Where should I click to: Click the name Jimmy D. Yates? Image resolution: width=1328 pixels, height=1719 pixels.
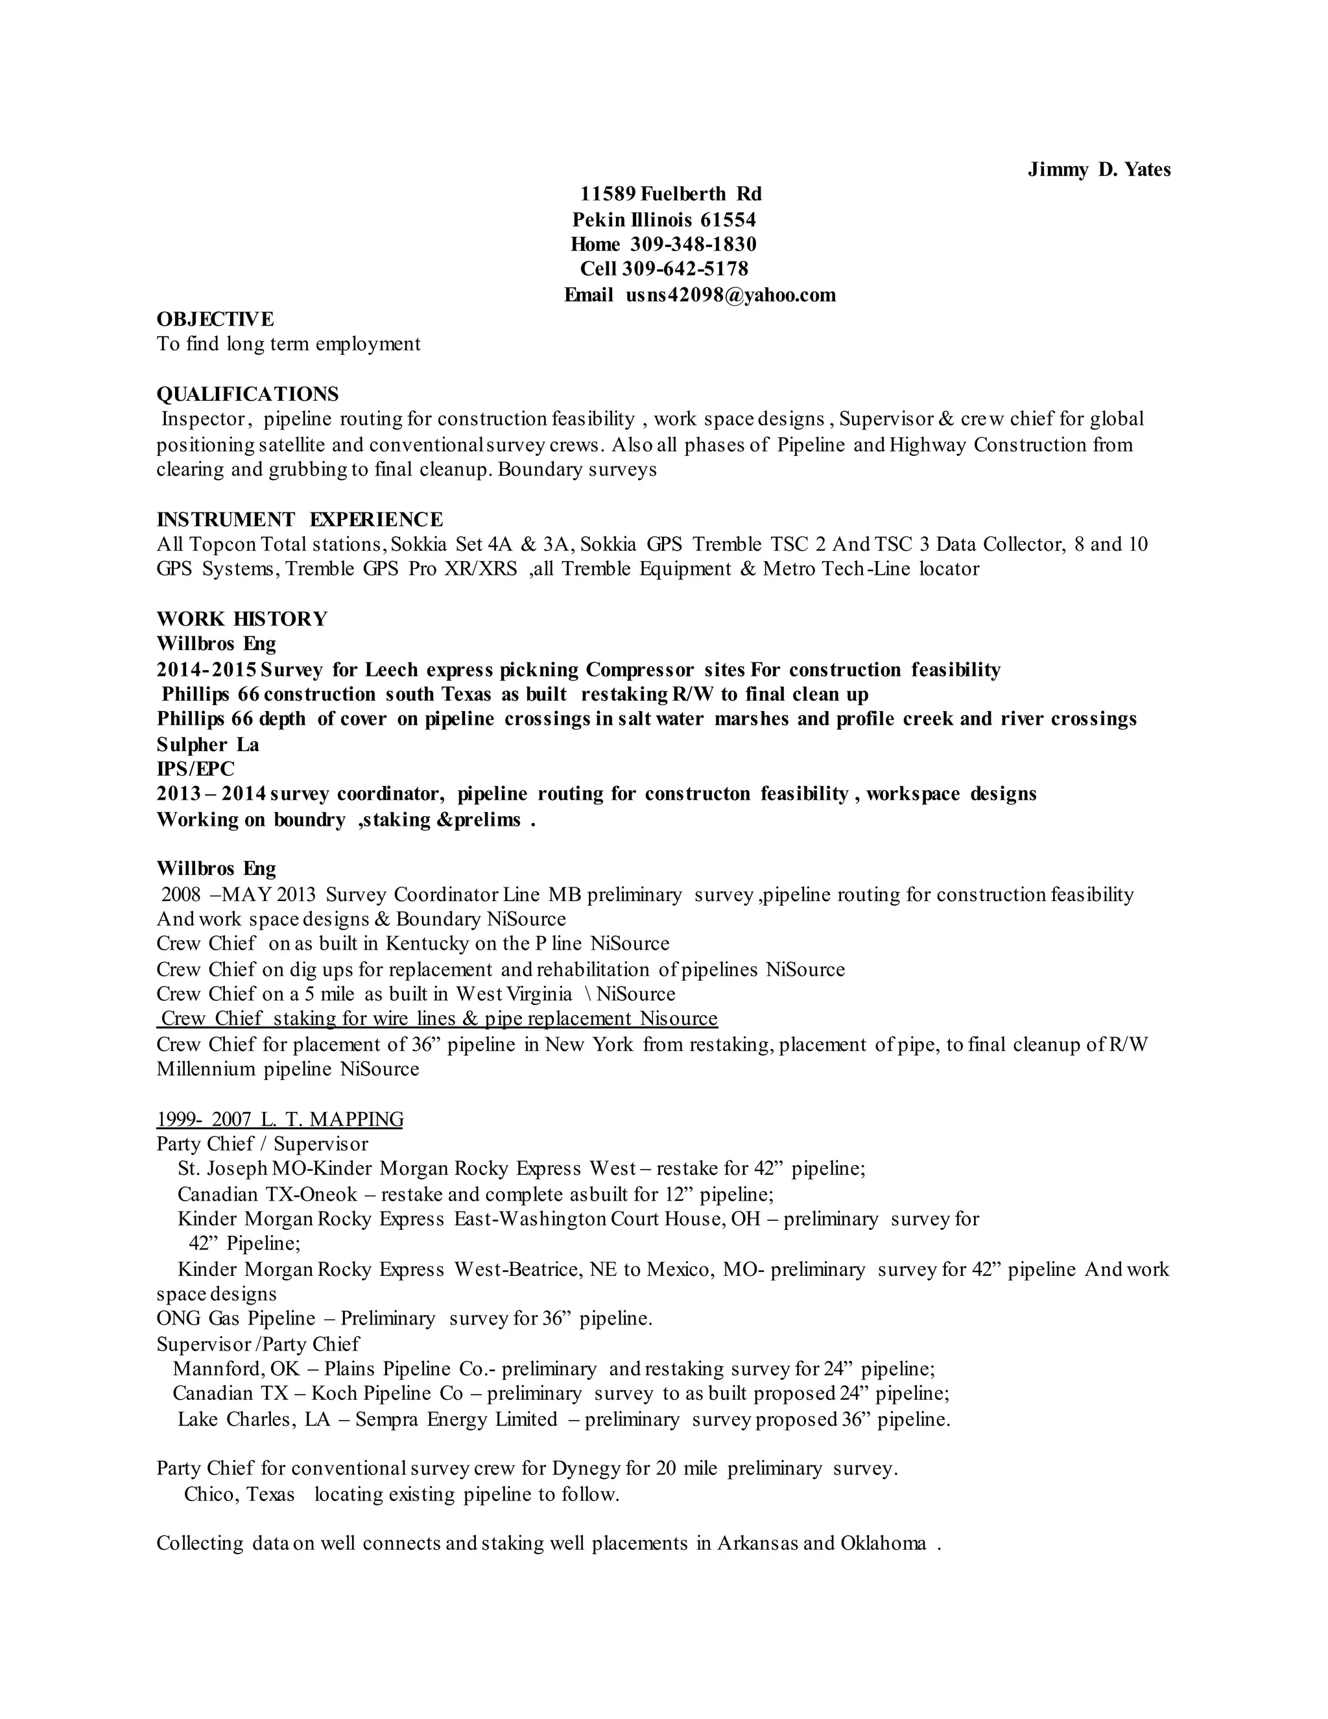pos(1098,170)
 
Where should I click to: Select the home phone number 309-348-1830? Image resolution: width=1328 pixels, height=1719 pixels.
pos(693,244)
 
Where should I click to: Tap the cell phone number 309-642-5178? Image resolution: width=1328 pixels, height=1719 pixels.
pos(685,269)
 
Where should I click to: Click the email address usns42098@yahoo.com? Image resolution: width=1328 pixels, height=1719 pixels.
pos(730,295)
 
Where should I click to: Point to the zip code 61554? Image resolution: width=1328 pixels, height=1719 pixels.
pos(728,220)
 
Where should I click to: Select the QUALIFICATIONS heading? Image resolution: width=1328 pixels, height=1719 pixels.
pos(247,394)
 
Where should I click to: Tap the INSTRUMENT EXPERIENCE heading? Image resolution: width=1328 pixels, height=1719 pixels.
pos(299,520)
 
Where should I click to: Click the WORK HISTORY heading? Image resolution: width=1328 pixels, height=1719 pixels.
pos(241,619)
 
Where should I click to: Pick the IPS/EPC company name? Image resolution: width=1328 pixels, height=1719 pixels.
pos(195,768)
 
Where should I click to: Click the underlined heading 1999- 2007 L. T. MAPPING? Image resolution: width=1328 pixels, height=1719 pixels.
pos(279,1119)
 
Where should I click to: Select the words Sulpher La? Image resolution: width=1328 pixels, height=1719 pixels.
pos(207,745)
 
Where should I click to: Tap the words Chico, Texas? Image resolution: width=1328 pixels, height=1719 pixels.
pos(239,1494)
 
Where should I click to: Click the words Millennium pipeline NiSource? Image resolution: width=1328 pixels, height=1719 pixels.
pos(287,1069)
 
